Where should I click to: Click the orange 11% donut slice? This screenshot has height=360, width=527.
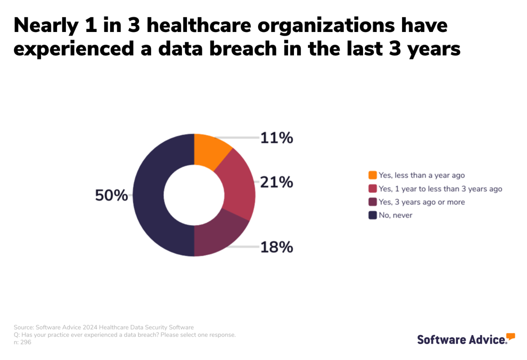pyautogui.click(x=210, y=152)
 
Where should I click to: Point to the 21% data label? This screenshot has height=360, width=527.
pyautogui.click(x=276, y=182)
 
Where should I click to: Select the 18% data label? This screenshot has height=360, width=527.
pyautogui.click(x=276, y=247)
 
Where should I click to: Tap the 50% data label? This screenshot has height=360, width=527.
pyautogui.click(x=111, y=195)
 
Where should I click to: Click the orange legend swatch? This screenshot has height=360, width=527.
pyautogui.click(x=372, y=175)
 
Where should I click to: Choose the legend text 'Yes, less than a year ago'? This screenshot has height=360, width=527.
pyautogui.click(x=421, y=175)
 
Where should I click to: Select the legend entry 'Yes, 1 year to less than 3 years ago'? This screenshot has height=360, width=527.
pyautogui.click(x=440, y=188)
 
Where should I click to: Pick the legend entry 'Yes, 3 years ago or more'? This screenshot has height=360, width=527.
pyautogui.click(x=421, y=202)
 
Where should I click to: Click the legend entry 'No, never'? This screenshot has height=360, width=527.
pyautogui.click(x=395, y=215)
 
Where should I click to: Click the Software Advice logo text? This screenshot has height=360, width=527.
pyautogui.click(x=461, y=340)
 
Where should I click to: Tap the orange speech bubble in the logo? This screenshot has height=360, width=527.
pyautogui.click(x=510, y=336)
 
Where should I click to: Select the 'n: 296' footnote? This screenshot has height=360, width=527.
pyautogui.click(x=22, y=342)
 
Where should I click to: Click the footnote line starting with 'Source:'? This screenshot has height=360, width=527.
pyautogui.click(x=103, y=327)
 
